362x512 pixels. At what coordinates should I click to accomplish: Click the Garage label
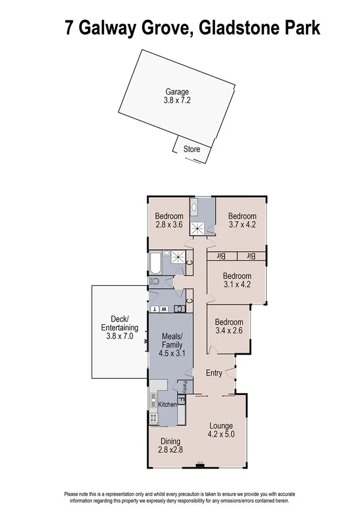click(176, 96)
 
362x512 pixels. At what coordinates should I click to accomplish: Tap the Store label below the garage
click(192, 148)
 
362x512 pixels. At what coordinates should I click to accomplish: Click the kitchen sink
click(153, 399)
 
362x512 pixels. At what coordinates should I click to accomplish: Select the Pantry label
click(186, 386)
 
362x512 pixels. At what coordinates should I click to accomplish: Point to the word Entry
click(214, 373)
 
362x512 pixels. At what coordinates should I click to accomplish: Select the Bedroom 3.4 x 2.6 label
click(229, 326)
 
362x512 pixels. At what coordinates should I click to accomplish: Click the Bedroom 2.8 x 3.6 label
click(169, 221)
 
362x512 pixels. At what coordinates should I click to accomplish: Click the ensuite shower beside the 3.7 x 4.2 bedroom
click(199, 228)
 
